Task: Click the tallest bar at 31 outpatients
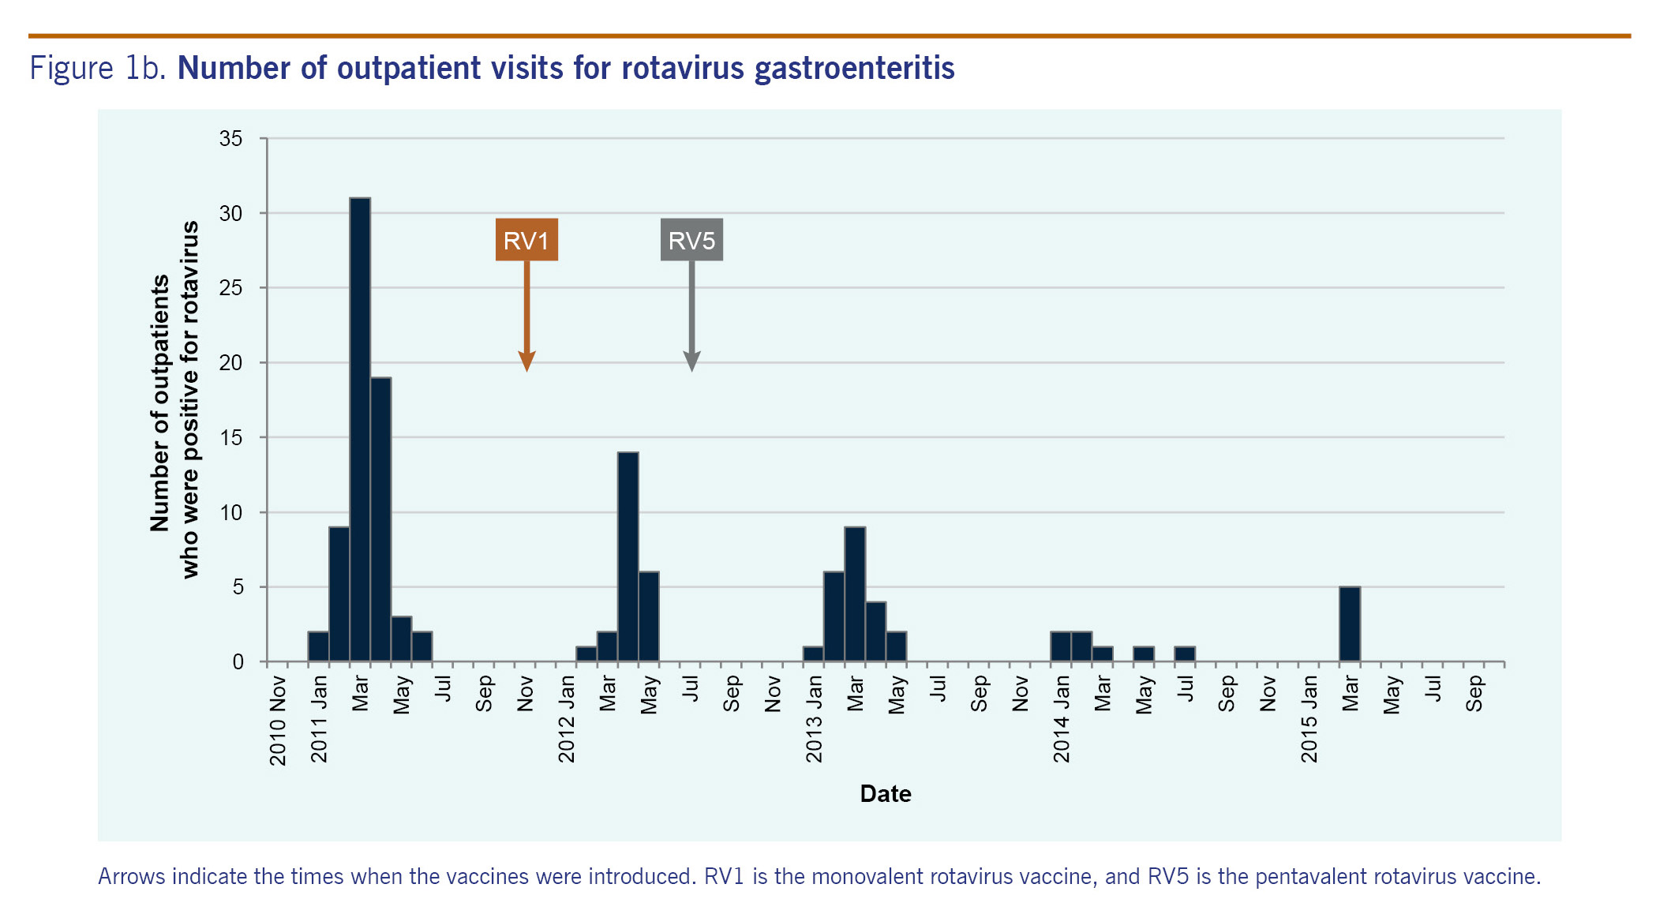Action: pyautogui.click(x=360, y=430)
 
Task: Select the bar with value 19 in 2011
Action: pyautogui.click(x=380, y=519)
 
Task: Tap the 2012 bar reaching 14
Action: pyautogui.click(x=628, y=557)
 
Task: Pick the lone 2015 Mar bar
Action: pyautogui.click(x=1350, y=624)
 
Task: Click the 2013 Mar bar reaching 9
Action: pyautogui.click(x=855, y=594)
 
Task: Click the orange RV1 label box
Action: pyautogui.click(x=526, y=240)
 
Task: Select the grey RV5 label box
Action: pyautogui.click(x=691, y=240)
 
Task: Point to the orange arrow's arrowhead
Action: pyautogui.click(x=526, y=362)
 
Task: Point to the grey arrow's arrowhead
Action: pyautogui.click(x=691, y=362)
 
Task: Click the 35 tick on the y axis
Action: pyautogui.click(x=231, y=139)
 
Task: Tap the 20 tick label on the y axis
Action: pyautogui.click(x=231, y=363)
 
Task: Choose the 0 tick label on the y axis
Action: pyautogui.click(x=238, y=662)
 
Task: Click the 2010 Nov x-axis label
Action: pyautogui.click(x=278, y=720)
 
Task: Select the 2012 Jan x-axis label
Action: pyautogui.click(x=567, y=718)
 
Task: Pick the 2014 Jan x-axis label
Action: pyautogui.click(x=1062, y=718)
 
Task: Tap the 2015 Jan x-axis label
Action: pyautogui.click(x=1309, y=718)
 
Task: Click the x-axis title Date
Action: pyautogui.click(x=886, y=793)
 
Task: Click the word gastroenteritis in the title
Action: pyautogui.click(x=854, y=69)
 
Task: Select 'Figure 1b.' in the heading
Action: pyautogui.click(x=98, y=69)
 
